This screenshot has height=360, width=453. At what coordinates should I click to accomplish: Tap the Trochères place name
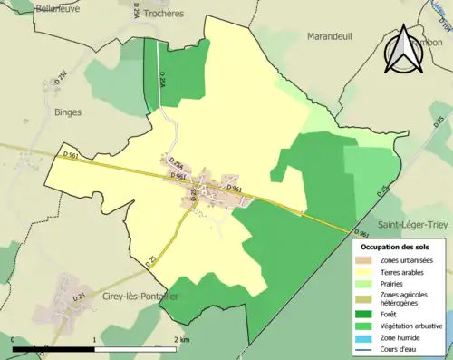coord(162,15)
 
